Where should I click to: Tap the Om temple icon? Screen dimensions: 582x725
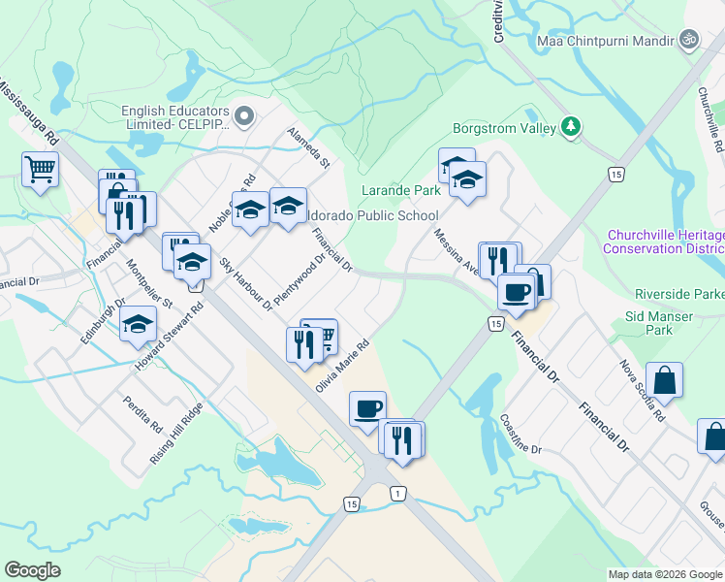pyautogui.click(x=689, y=40)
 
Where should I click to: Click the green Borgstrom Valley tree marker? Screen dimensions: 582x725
pyautogui.click(x=572, y=127)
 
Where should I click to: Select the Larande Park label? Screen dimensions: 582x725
pyautogui.click(x=400, y=190)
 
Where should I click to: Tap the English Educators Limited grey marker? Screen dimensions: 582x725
pyautogui.click(x=244, y=117)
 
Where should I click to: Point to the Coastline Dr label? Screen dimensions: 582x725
pyautogui.click(x=520, y=436)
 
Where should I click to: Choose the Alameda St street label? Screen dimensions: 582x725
pyautogui.click(x=308, y=146)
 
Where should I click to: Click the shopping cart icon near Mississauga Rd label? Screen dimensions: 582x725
pyautogui.click(x=41, y=169)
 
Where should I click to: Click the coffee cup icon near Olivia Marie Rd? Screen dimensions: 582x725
pyautogui.click(x=367, y=408)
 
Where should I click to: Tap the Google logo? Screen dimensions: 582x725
pyautogui.click(x=33, y=570)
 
